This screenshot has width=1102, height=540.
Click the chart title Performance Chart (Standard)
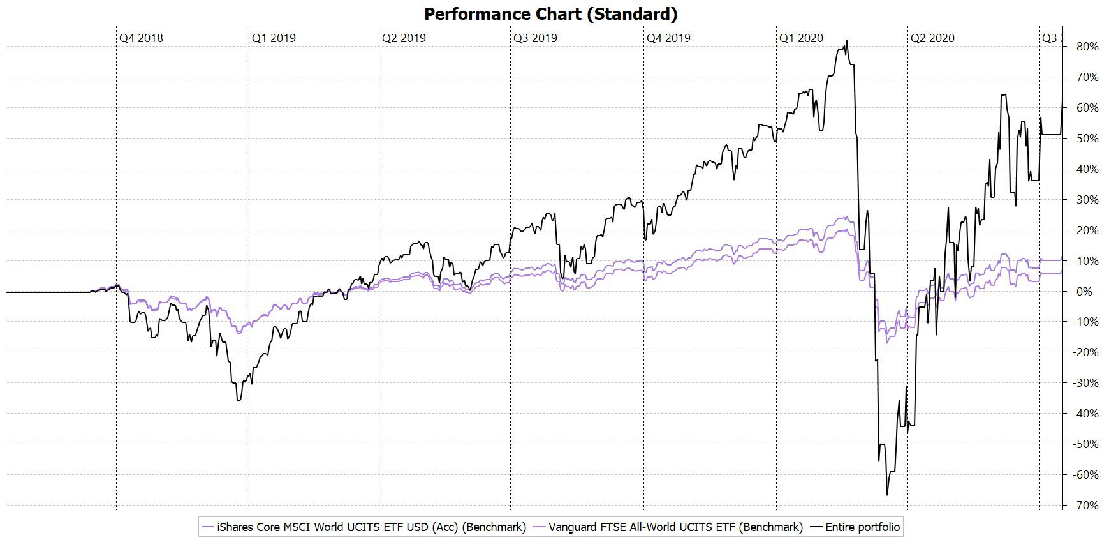coord(550,13)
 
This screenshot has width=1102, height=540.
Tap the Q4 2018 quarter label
coord(141,38)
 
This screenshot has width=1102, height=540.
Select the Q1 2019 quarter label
coord(274,38)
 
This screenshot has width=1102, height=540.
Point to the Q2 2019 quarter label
coord(404,38)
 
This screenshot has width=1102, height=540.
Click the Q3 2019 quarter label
coord(535,38)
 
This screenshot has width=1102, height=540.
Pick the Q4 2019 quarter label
coord(668,38)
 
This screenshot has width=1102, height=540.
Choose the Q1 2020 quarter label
coord(801,38)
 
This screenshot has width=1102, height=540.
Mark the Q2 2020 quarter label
coord(932,38)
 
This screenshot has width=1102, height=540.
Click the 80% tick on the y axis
coord(1087,47)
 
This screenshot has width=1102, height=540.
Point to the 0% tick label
coord(1084,292)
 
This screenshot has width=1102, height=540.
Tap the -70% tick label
coord(1085,506)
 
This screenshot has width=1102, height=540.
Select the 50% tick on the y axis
coord(1087,139)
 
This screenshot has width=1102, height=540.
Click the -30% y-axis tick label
coord(1085,384)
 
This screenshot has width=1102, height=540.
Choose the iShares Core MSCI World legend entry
coord(364,527)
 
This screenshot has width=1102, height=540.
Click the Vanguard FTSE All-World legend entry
coord(668,527)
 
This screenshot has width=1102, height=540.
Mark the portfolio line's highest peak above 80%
coord(846,41)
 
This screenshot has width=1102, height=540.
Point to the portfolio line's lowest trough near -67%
coord(887,495)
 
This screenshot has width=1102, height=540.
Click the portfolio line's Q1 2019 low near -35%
coord(239,400)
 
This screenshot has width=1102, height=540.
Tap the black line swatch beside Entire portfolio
coord(816,527)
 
